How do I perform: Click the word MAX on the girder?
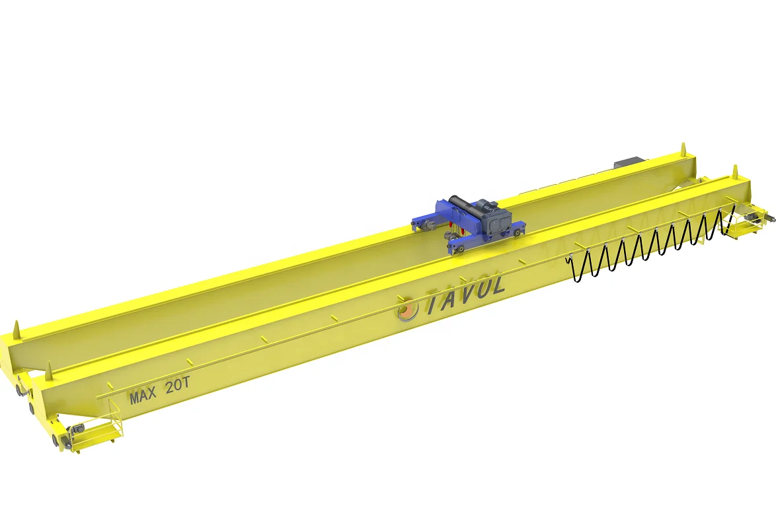click(x=143, y=396)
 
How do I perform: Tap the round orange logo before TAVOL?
click(x=407, y=308)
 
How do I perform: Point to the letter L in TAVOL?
click(x=498, y=285)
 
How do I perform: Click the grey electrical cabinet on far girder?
click(x=628, y=162)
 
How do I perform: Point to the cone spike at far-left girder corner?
click(x=17, y=328)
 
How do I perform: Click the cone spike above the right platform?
click(x=733, y=172)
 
